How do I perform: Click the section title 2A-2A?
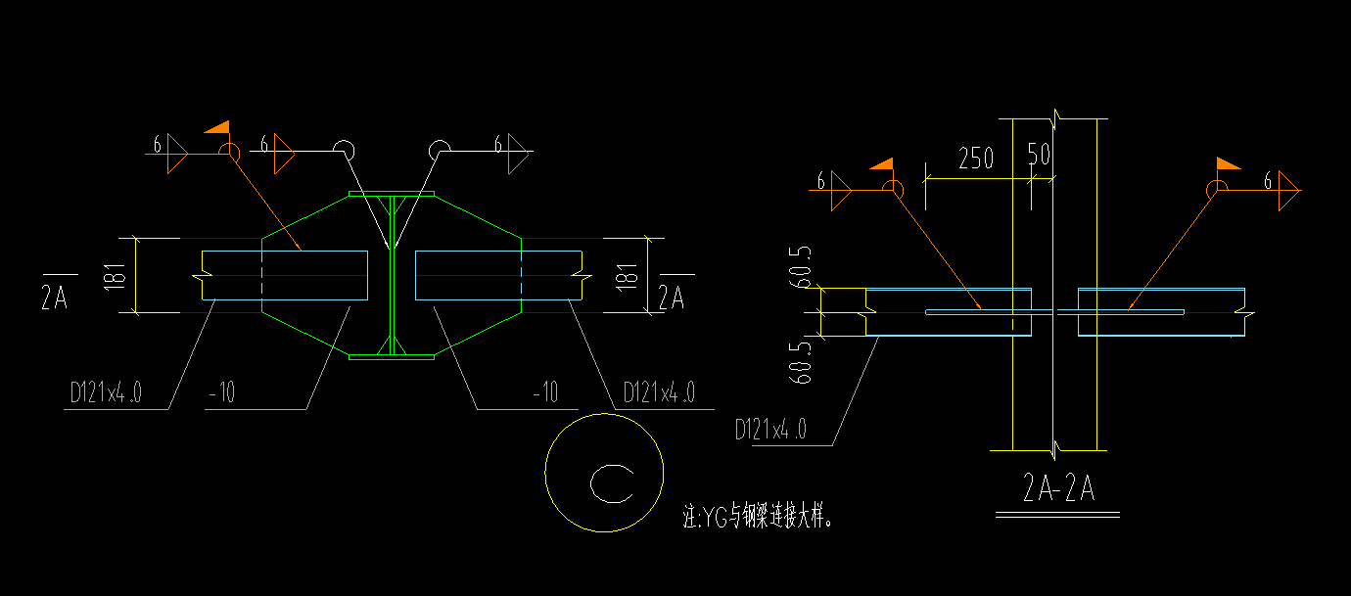(x=1057, y=487)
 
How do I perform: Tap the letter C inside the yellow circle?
(x=611, y=482)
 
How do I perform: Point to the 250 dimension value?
(x=975, y=159)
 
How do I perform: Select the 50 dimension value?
(x=1039, y=156)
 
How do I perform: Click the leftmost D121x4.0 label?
(x=106, y=393)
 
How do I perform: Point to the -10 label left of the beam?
(x=221, y=393)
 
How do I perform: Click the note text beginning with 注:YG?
(x=759, y=516)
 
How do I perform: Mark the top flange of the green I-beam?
(x=392, y=194)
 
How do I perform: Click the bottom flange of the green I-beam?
(x=392, y=357)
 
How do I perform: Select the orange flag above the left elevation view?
(x=217, y=127)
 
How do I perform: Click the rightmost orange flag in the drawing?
(x=1228, y=163)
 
